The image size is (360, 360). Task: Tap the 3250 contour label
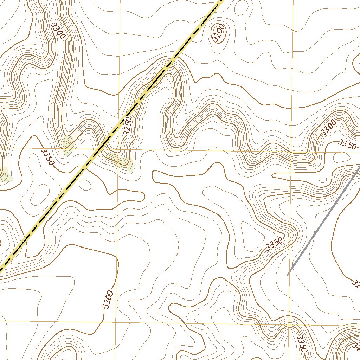pyautogui.click(x=128, y=126)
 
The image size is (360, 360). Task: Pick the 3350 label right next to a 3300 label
pyautogui.click(x=347, y=144)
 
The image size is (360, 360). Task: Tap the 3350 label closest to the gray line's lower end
pyautogui.click(x=274, y=244)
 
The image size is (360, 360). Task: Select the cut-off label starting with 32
pyautogui.click(x=355, y=283)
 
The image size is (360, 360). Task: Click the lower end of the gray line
pyautogui.click(x=288, y=275)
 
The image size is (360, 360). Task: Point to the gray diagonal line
pyautogui.click(x=323, y=221)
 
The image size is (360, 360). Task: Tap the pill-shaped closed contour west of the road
pyautogui.click(x=39, y=193)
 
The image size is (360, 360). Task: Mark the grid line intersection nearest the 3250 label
pyautogui.click(x=118, y=149)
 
